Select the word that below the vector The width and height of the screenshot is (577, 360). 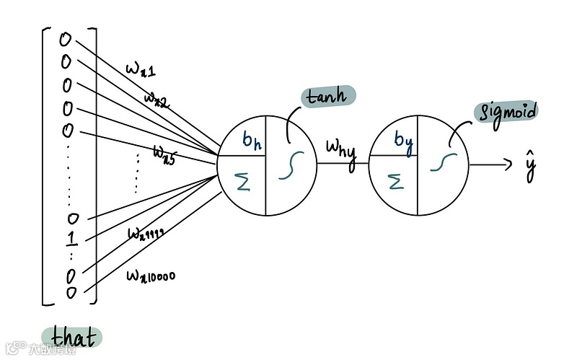[x=71, y=337]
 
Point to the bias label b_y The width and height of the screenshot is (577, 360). [x=402, y=139]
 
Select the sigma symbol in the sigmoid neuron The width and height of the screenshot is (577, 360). [x=395, y=181]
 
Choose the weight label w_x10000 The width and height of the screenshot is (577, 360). [x=151, y=276]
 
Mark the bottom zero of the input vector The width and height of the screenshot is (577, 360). [x=71, y=292]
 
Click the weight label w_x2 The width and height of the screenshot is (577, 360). [x=156, y=98]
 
